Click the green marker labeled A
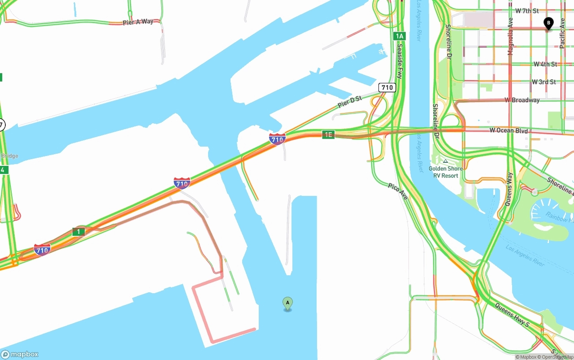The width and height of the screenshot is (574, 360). pos(287,304)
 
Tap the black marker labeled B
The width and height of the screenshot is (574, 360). pos(548,23)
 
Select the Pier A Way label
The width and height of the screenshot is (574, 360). pos(138,22)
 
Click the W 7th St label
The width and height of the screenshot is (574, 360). pos(527,11)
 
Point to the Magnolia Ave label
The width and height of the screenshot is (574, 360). pos(510,36)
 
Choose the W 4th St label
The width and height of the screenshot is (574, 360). pos(545,64)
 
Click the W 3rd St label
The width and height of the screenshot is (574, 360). pos(544,82)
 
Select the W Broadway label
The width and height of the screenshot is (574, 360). pos(522,100)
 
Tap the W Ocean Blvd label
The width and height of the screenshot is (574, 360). pos(509,131)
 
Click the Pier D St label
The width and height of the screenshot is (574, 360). pos(350,101)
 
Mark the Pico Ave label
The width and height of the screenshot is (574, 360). pos(398,191)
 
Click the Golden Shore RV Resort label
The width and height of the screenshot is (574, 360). pos(445,172)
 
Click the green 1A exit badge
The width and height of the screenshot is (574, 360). pos(400,36)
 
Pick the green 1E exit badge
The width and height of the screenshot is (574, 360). pos(328,134)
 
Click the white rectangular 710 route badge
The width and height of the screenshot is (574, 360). pos(387,87)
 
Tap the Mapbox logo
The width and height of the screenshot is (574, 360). pos(20,354)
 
